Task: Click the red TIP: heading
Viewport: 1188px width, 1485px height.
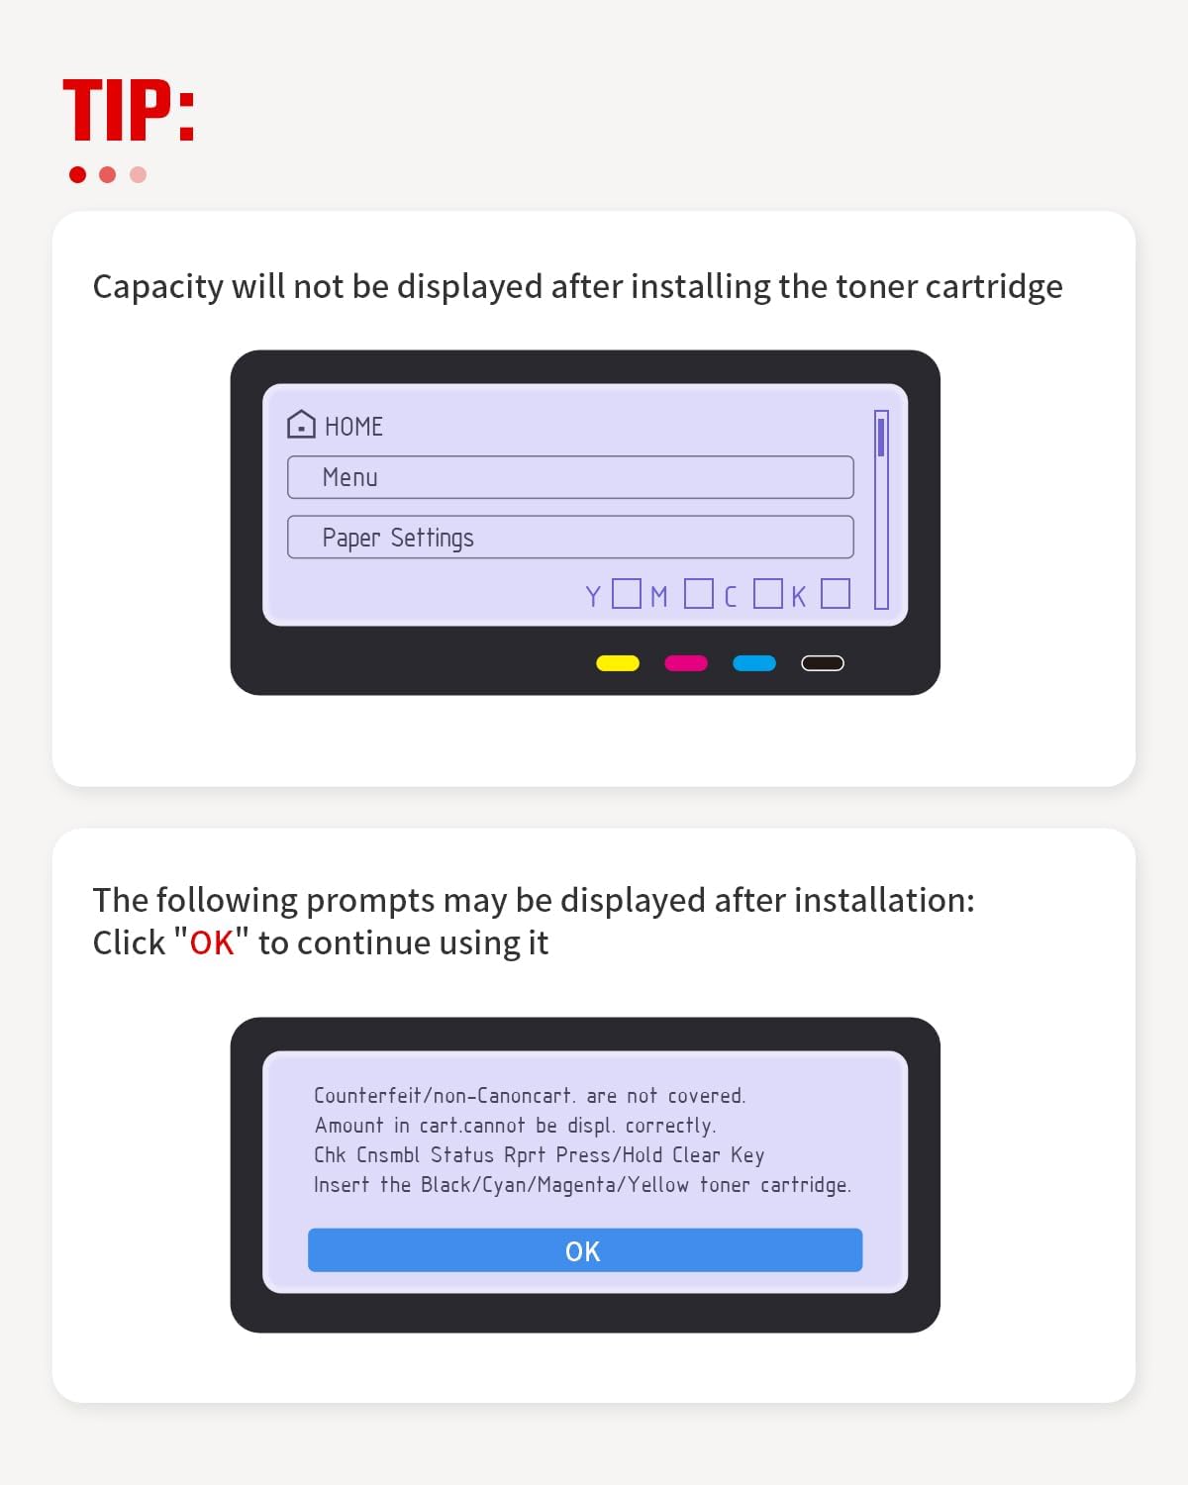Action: coord(129,111)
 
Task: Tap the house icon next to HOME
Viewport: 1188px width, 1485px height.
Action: coord(301,425)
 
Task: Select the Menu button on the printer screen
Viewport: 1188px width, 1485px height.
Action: coord(570,477)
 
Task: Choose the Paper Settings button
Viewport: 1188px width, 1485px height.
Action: coord(570,537)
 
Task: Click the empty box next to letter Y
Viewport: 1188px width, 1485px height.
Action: coord(627,593)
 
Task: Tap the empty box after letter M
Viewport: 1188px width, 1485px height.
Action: coord(699,593)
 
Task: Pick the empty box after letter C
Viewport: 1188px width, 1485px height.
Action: coord(767,593)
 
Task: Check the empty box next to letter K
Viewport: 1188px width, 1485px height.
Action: coord(836,593)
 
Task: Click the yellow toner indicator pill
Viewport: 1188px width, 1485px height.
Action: coord(618,663)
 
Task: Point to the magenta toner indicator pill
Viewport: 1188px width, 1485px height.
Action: coord(686,663)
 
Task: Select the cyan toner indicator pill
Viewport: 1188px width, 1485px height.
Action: coord(754,663)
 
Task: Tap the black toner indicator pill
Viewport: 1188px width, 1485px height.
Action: coord(823,663)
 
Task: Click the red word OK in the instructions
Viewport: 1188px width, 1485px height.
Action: coord(212,942)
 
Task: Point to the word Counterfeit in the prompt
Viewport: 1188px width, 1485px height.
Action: coord(367,1095)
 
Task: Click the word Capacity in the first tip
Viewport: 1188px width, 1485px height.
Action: coord(158,287)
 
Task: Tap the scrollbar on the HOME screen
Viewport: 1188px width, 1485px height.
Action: coord(881,510)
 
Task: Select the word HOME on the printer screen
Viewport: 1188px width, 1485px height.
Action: coord(353,427)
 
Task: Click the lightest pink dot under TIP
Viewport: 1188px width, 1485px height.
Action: coord(138,174)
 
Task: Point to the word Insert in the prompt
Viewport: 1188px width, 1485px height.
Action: coord(341,1185)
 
